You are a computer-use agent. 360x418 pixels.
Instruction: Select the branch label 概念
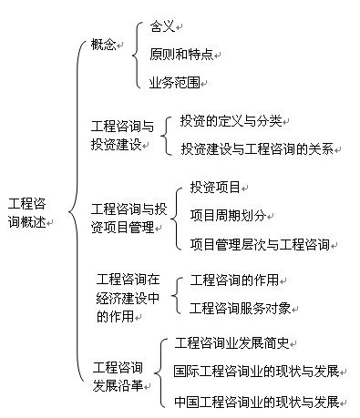coord(104,45)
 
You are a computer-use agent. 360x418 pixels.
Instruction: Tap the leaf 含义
coord(162,27)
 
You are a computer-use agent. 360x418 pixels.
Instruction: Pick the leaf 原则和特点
coord(180,55)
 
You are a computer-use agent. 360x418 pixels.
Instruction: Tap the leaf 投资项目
coord(214,188)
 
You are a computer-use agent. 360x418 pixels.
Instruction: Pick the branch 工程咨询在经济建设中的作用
coord(128,297)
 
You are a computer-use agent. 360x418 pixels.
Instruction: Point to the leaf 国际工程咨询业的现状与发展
coord(255,371)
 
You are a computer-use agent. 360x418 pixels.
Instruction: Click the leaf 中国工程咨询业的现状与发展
coord(255,401)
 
